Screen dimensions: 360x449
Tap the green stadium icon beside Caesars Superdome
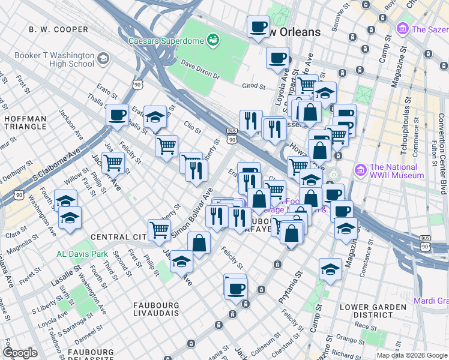[212, 41]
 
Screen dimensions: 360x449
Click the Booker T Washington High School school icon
[103, 59]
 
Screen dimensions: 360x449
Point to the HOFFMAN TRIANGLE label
[25, 122]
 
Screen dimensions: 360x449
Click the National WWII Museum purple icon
[361, 170]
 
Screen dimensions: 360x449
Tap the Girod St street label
[253, 86]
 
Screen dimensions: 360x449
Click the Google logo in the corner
[20, 353]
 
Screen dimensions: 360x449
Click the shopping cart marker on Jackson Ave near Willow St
[112, 161]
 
